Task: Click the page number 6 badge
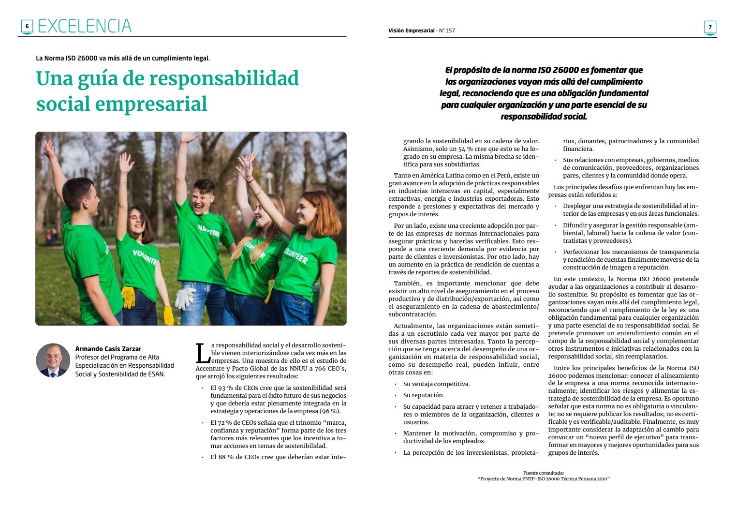pyautogui.click(x=27, y=27)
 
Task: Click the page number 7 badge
pyautogui.click(x=710, y=27)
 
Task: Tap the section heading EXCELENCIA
pyautogui.click(x=84, y=26)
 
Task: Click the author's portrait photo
pyautogui.click(x=53, y=360)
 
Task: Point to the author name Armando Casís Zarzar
pyautogui.click(x=108, y=349)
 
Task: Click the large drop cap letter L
pyautogui.click(x=202, y=354)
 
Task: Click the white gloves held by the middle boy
pyautogui.click(x=185, y=298)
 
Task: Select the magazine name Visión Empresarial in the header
pyautogui.click(x=411, y=30)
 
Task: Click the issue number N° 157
pyautogui.click(x=447, y=30)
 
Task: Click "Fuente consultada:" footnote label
pyautogui.click(x=543, y=473)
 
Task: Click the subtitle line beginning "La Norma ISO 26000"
pyautogui.click(x=123, y=58)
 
